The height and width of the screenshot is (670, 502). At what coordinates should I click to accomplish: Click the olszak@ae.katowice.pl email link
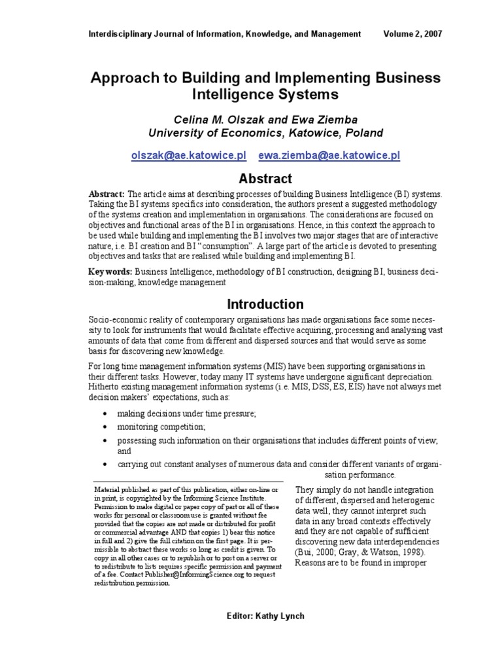pos(188,156)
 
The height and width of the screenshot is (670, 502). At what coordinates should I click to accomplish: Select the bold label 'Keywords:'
pos(109,271)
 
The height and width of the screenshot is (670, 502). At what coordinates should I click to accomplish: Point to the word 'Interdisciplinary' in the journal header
pos(120,33)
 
